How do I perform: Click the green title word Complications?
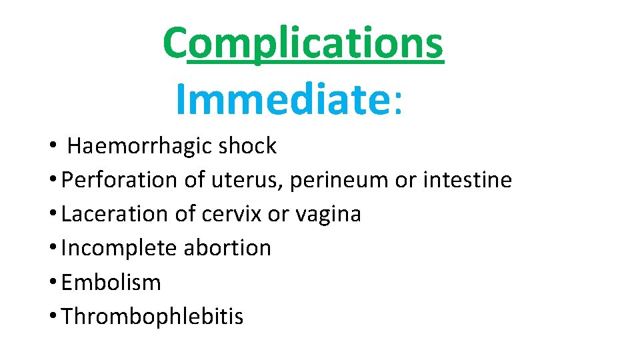[x=303, y=43]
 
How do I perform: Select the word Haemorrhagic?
[x=138, y=146]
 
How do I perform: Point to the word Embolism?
[x=111, y=282]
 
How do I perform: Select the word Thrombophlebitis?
[x=153, y=316]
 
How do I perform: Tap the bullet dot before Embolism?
[x=51, y=283]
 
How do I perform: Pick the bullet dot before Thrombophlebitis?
[x=51, y=317]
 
